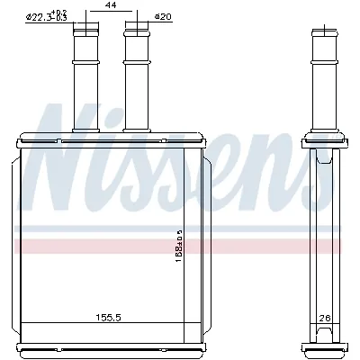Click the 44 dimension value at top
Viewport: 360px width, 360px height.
click(x=112, y=6)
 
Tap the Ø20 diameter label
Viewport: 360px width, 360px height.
click(x=164, y=16)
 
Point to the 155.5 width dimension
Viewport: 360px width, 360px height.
click(x=110, y=317)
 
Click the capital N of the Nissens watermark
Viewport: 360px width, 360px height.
click(x=63, y=144)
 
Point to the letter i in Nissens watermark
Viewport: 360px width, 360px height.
click(x=117, y=148)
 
